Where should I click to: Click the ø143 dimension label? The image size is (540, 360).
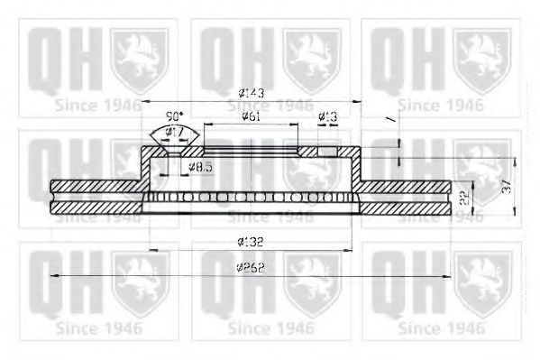point(251,93)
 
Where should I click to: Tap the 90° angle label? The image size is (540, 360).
point(175,117)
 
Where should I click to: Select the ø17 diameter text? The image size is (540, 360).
point(175,133)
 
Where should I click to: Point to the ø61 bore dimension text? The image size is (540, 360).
point(253,116)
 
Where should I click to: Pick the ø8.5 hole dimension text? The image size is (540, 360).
point(201,168)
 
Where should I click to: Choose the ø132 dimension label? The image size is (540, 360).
point(252,241)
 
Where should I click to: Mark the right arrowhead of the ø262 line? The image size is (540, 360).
point(447,276)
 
